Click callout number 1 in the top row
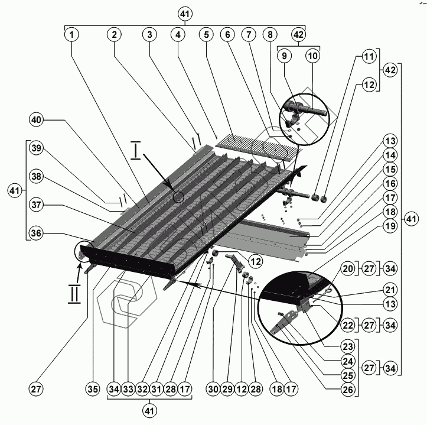71,34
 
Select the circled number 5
207,34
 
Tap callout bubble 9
284,56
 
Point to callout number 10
312,56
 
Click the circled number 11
369,57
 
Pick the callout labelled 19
390,225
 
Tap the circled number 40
37,120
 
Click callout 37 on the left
37,205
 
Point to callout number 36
37,233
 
